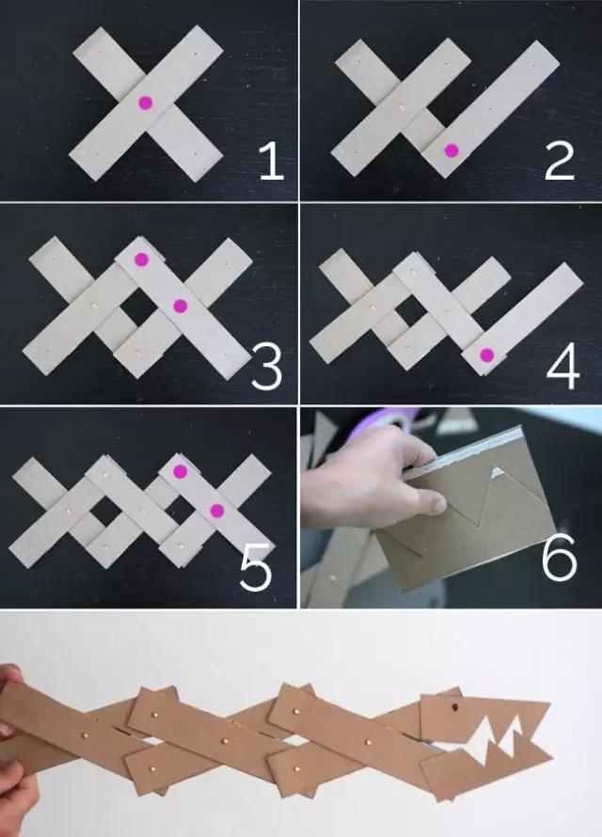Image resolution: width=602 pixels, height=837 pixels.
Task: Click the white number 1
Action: coord(272,162)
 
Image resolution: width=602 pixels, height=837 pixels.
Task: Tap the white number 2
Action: coord(560,162)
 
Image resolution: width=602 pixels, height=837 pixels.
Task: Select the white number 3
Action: coord(266,366)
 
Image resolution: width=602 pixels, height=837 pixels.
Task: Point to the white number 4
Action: coord(563,366)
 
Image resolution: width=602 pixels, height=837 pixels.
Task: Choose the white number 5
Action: coord(256,569)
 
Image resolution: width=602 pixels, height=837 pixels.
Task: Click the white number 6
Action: coord(560,559)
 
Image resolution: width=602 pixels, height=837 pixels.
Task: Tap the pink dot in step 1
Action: coord(145,103)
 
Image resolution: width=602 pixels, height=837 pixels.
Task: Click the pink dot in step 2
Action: coord(451,151)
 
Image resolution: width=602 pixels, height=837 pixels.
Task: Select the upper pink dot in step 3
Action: coord(141,260)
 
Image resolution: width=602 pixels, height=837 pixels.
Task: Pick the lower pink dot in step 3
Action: coord(181,306)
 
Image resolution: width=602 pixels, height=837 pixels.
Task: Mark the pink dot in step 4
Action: coord(486,355)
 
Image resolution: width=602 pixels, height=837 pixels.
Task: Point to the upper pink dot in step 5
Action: coord(180,471)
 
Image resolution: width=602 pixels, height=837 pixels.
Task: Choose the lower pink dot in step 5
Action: coord(216,511)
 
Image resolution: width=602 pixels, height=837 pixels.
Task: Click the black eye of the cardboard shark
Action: coord(455,708)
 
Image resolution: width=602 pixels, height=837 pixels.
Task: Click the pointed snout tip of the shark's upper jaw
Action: coord(548,704)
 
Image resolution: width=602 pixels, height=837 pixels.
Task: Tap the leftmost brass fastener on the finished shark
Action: coord(85,735)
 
